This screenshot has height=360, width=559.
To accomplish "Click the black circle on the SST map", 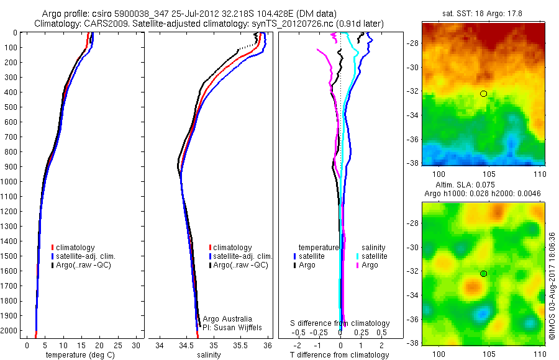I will click(483, 94).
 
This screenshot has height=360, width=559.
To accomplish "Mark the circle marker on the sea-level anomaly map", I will click(483, 274).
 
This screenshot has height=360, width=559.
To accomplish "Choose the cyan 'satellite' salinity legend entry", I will click(373, 256).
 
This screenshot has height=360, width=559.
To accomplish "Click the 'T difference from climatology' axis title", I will click(340, 355).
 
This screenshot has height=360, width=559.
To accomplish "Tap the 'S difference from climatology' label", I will click(340, 323).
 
